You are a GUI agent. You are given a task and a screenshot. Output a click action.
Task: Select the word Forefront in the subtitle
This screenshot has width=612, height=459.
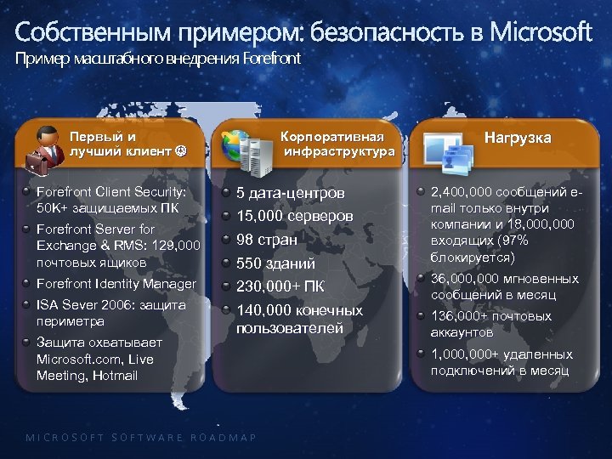[x=271, y=59]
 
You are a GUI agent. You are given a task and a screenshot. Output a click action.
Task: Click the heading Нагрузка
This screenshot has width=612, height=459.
[x=518, y=137]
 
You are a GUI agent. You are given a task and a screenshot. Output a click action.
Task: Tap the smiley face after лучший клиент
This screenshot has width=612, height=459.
[x=181, y=152]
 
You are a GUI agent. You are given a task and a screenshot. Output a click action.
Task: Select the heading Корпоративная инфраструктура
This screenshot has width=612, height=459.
[x=339, y=144]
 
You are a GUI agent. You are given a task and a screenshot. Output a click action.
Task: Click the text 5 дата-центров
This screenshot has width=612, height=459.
[x=291, y=193]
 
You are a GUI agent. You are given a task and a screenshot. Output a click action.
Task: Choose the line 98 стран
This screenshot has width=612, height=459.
[x=267, y=240]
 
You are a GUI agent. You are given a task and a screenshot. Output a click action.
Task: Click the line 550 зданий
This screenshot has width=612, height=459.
[x=275, y=263]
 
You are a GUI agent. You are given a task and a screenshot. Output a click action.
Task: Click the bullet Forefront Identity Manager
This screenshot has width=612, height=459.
[x=116, y=284]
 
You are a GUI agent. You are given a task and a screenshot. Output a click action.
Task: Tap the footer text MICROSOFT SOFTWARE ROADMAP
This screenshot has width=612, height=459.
[x=141, y=437]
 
